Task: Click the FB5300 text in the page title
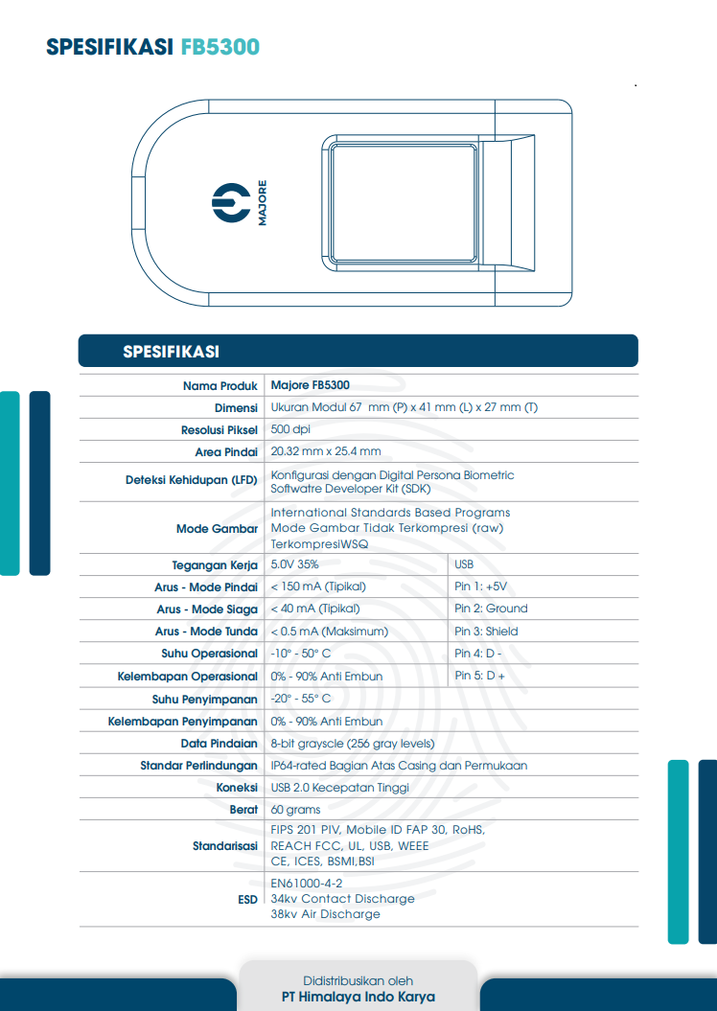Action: point(220,47)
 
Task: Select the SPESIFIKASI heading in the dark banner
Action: point(171,352)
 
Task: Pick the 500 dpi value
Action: point(290,429)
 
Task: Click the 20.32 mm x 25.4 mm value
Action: point(326,451)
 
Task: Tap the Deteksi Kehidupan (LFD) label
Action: point(192,480)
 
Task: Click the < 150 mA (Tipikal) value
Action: point(315,586)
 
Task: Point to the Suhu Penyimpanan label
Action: point(205,700)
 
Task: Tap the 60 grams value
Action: point(295,810)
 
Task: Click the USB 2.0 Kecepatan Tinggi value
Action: point(340,788)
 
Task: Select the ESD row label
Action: point(247,900)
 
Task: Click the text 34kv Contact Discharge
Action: point(342,899)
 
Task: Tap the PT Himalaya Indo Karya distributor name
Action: point(358,997)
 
